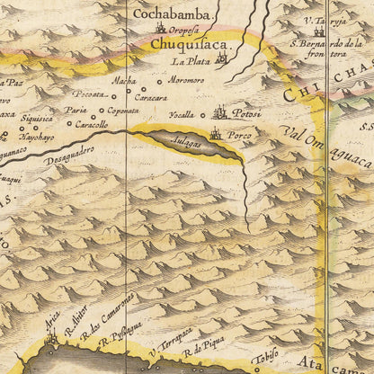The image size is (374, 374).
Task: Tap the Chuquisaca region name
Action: click(x=190, y=43)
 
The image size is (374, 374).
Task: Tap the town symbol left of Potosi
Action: click(x=219, y=112)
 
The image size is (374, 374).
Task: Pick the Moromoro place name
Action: click(x=186, y=80)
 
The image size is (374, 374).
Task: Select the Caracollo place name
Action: click(x=92, y=124)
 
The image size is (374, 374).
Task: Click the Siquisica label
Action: click(x=37, y=116)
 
